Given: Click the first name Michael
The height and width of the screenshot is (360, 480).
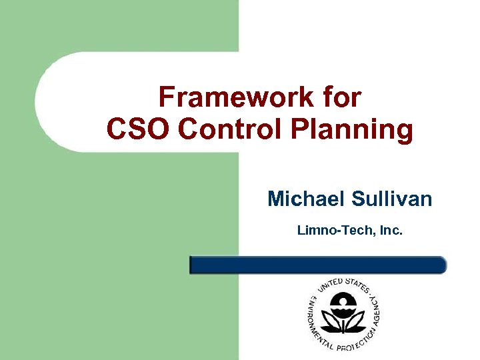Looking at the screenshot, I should (x=303, y=199).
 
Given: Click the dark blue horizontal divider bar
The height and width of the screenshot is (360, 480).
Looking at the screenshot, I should (x=318, y=265).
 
